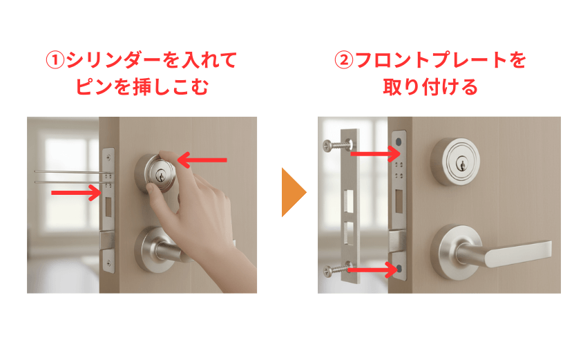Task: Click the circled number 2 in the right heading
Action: point(343,60)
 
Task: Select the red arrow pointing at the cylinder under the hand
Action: point(202,160)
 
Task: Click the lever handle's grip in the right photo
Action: point(518,252)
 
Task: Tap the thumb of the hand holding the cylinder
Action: point(158,200)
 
